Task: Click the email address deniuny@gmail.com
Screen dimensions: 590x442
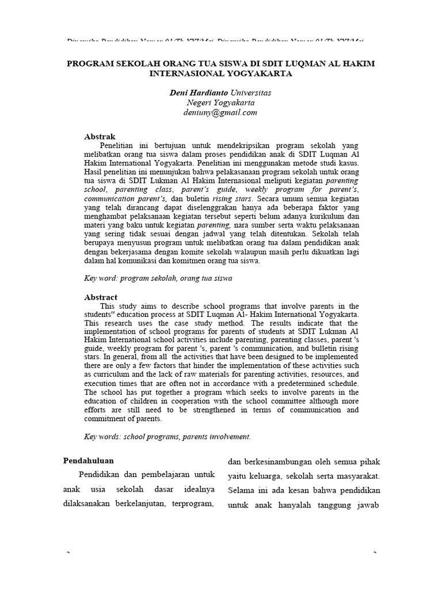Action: click(x=221, y=113)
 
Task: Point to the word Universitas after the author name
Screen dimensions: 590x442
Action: click(x=250, y=92)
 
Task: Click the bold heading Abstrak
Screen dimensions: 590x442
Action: click(x=100, y=136)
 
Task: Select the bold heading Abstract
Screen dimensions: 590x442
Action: click(x=101, y=297)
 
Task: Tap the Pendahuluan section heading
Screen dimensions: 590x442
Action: click(x=88, y=460)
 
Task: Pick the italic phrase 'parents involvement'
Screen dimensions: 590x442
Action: click(x=216, y=437)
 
